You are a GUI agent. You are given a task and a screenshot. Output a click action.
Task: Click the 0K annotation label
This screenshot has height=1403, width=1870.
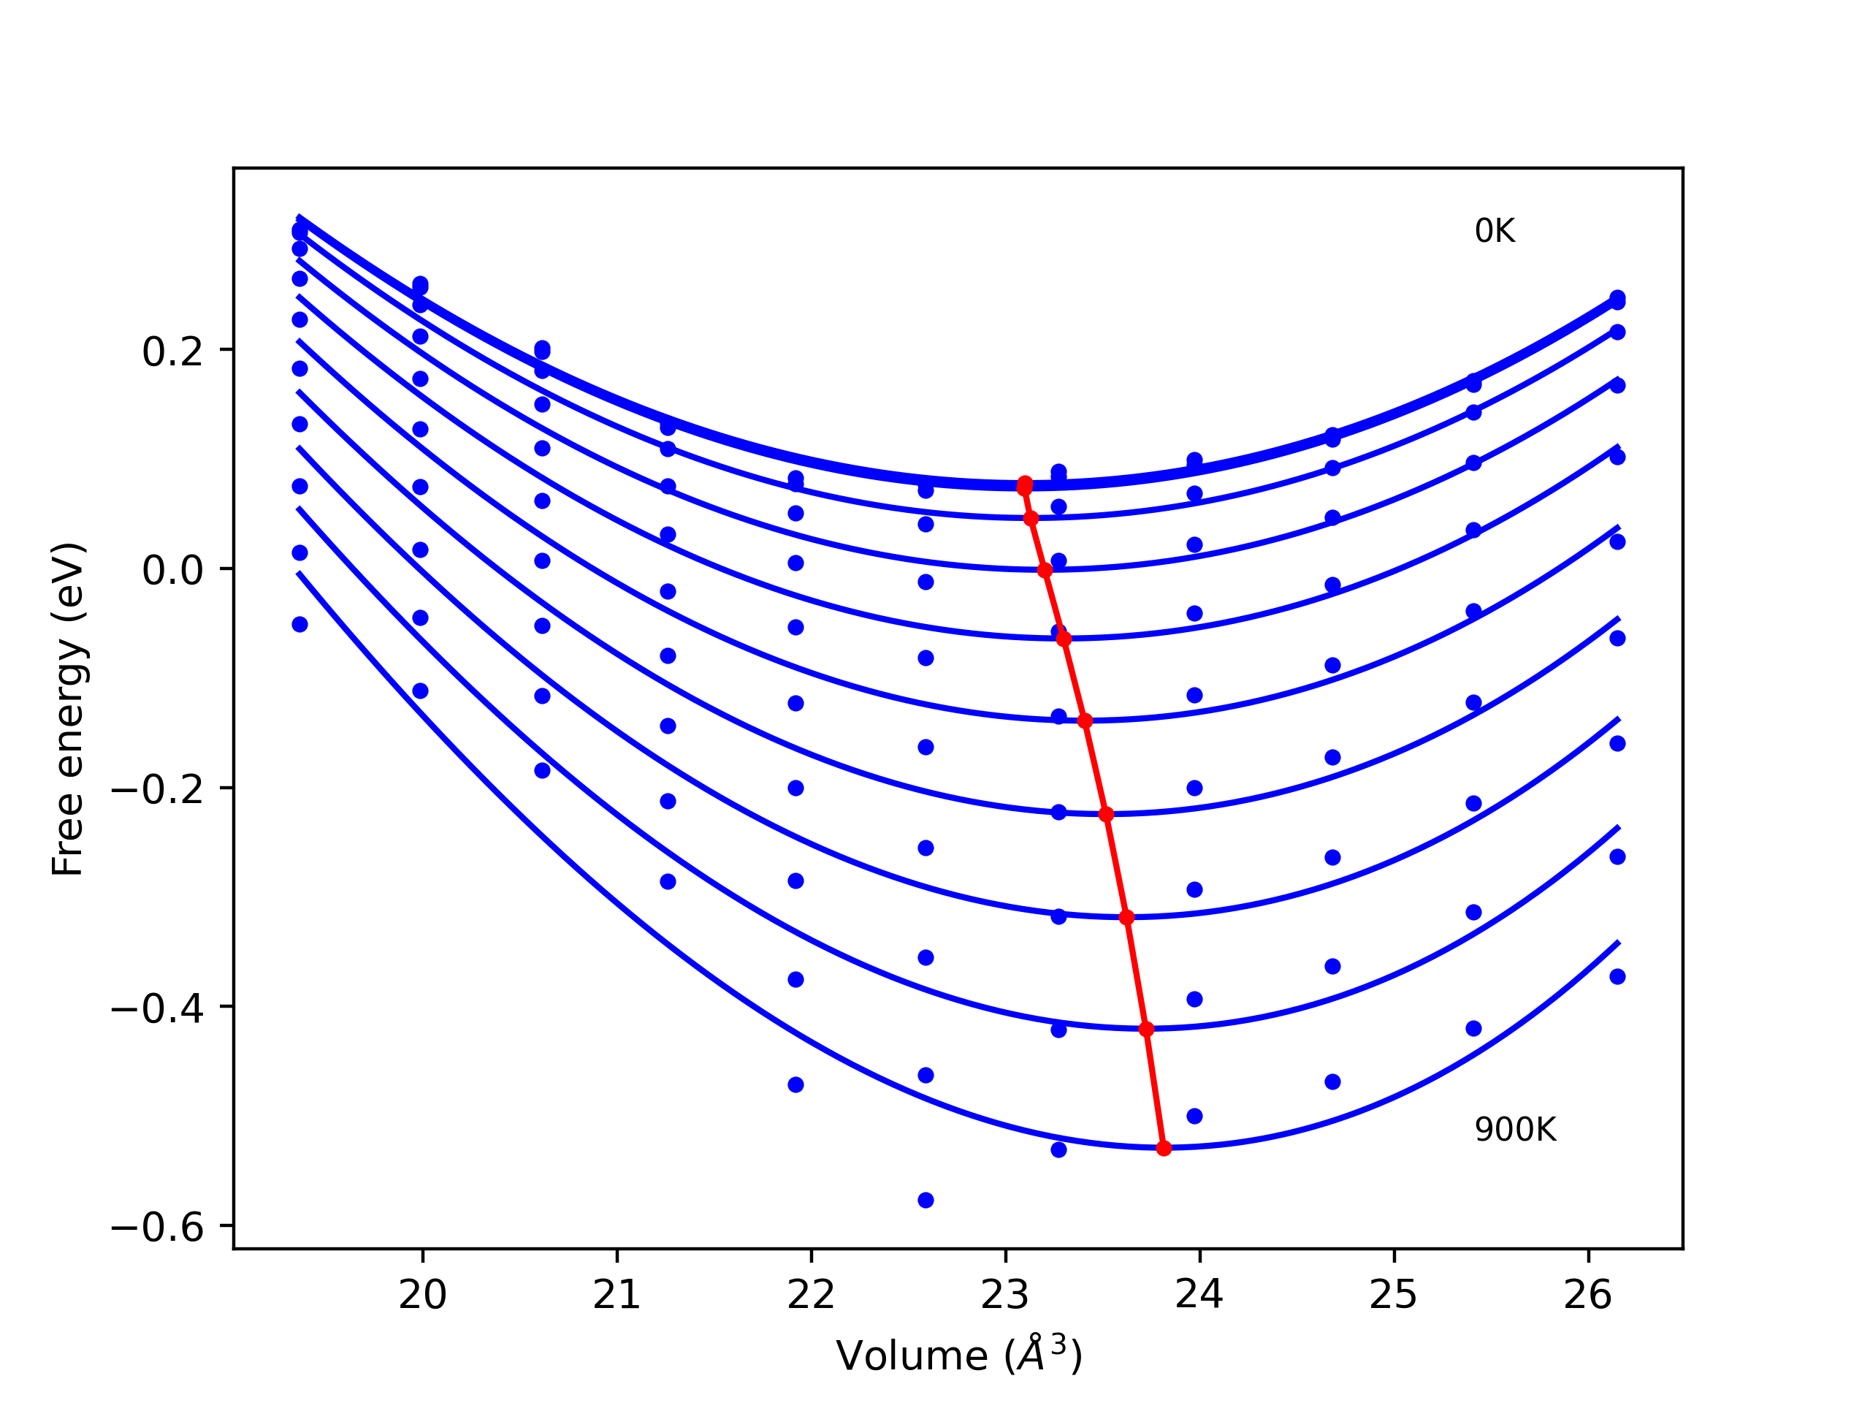(x=1494, y=231)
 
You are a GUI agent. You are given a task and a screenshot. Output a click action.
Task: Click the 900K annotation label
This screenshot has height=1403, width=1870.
(x=1514, y=1130)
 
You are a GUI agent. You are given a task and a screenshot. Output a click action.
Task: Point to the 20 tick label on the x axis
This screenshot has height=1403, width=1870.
(x=422, y=1295)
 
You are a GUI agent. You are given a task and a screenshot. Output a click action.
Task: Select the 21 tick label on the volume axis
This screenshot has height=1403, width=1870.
(x=617, y=1295)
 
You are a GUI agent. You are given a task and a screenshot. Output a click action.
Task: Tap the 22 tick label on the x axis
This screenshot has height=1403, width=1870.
(x=811, y=1295)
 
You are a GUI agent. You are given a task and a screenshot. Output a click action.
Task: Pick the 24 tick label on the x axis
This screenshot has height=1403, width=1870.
(x=1199, y=1295)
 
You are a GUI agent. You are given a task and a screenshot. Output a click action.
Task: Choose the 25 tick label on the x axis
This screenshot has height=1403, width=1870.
(x=1393, y=1295)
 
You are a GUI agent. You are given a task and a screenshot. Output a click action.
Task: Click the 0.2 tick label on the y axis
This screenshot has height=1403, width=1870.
(x=172, y=351)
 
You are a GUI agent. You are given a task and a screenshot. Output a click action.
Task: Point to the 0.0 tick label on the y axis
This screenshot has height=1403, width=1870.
(x=172, y=570)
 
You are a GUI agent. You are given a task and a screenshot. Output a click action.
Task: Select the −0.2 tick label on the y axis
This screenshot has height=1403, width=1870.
(x=157, y=789)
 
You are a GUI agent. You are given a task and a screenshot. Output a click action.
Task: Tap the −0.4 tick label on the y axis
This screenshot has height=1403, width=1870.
(x=157, y=1008)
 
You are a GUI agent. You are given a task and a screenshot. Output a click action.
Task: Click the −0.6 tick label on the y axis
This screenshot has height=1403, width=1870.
(x=157, y=1227)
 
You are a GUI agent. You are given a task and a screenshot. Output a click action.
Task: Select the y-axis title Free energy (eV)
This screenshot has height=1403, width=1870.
(x=68, y=709)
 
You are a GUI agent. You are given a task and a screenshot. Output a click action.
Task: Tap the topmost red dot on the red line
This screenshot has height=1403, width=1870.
(x=1025, y=484)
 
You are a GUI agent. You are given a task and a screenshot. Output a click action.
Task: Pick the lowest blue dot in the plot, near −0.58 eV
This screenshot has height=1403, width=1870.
(x=926, y=1200)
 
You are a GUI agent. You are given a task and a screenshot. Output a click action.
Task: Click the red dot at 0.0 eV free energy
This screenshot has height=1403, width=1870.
(x=1045, y=570)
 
